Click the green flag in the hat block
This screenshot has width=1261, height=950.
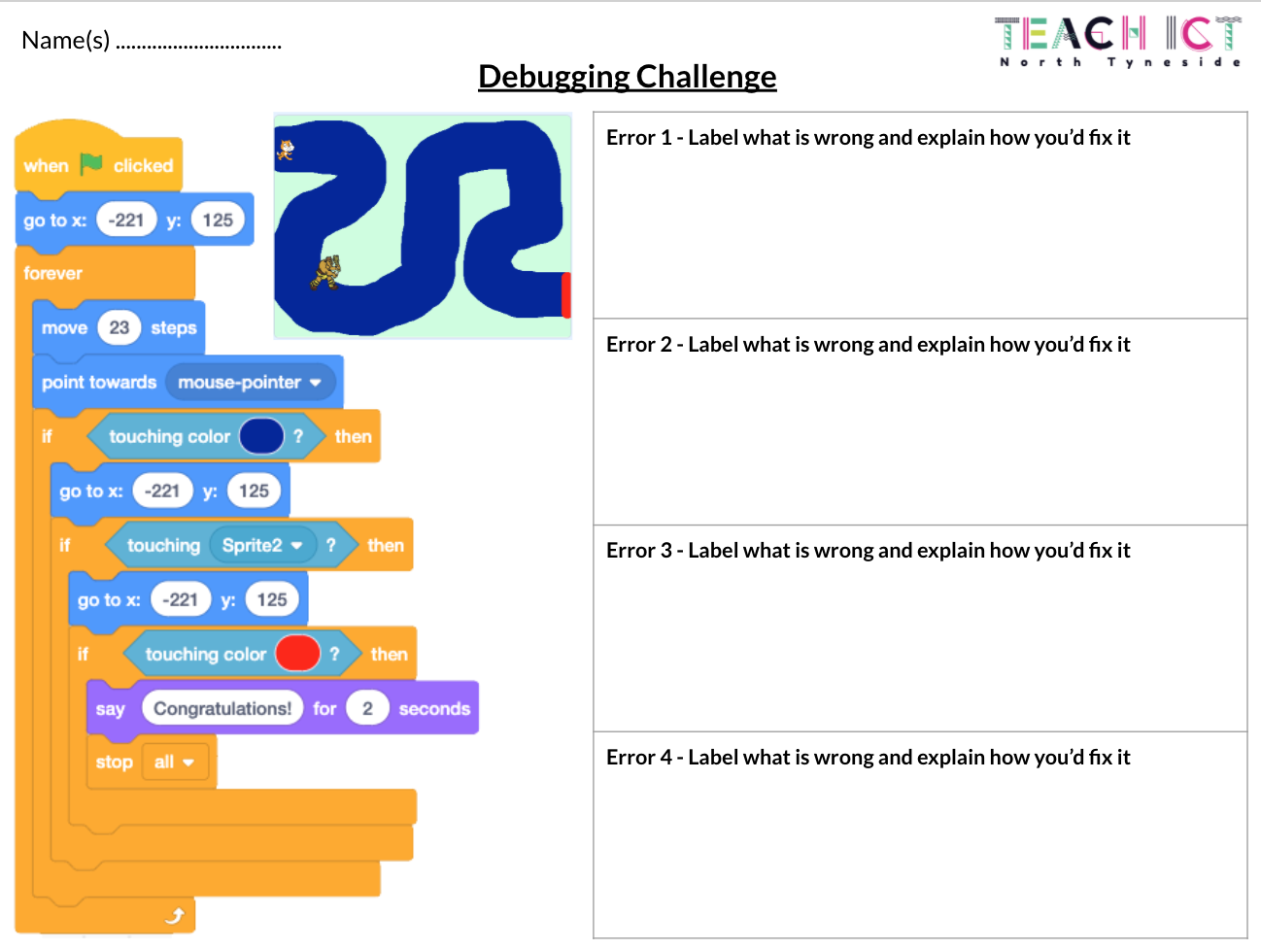[90, 164]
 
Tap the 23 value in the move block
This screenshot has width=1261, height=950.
[119, 328]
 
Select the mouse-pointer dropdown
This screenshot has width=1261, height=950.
[251, 382]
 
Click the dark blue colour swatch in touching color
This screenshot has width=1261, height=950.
[261, 436]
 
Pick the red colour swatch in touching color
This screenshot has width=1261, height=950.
[297, 654]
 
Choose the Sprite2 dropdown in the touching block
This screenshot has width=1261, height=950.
[262, 545]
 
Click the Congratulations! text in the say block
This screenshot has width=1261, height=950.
[222, 708]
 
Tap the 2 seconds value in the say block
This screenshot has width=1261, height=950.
[367, 708]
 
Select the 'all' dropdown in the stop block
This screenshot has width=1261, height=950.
[175, 763]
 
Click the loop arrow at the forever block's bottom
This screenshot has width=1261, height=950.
[175, 915]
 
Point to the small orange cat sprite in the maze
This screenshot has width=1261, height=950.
[286, 150]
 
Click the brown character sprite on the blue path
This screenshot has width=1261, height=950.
[326, 272]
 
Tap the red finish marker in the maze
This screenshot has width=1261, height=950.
[565, 294]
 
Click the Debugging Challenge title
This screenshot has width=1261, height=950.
[628, 77]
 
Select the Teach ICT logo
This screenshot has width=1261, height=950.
[1118, 42]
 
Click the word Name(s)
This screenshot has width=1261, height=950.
[65, 40]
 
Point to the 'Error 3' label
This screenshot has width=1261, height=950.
[639, 550]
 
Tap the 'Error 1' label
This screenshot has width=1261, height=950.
[639, 138]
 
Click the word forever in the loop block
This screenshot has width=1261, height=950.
[52, 273]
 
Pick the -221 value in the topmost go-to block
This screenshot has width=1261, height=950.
[126, 220]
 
